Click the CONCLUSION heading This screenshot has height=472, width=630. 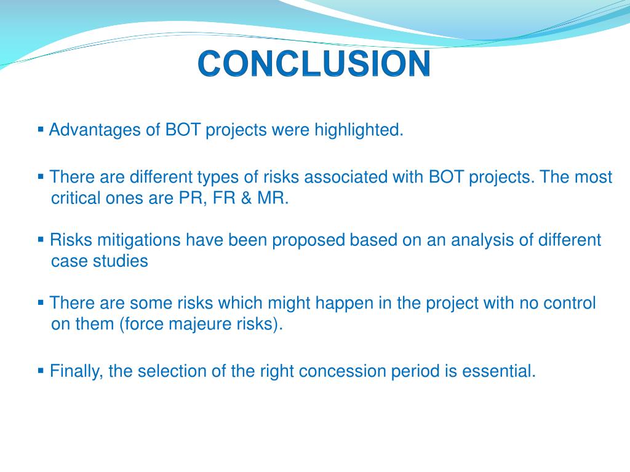pyautogui.click(x=314, y=64)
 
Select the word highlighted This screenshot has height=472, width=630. pyautogui.click(x=359, y=130)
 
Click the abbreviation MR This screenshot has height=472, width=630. pyautogui.click(x=273, y=199)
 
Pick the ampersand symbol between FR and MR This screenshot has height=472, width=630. pyautogui.click(x=246, y=199)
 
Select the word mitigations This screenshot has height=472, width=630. pyautogui.click(x=138, y=241)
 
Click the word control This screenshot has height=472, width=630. pyautogui.click(x=570, y=303)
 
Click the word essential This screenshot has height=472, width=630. pyautogui.click(x=499, y=371)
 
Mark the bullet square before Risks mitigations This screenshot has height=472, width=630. pyautogui.click(x=41, y=240)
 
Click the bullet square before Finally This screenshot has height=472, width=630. pyautogui.click(x=41, y=371)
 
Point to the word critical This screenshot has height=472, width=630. pyautogui.click(x=76, y=199)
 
